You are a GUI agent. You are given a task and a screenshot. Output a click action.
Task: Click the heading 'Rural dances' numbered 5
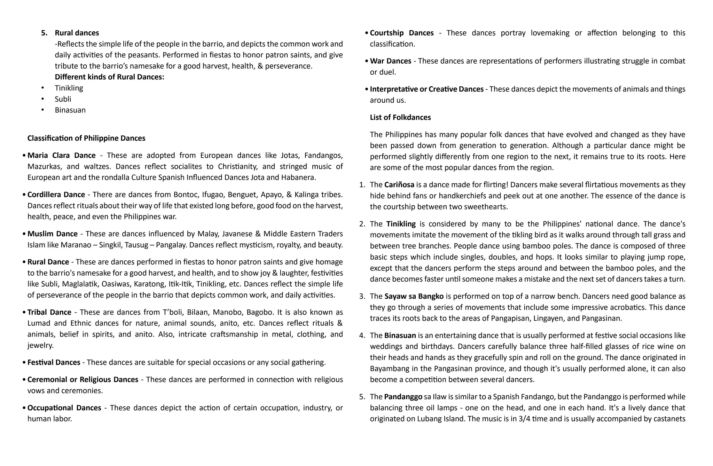(77, 33)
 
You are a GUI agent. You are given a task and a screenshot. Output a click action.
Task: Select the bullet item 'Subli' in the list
(63, 99)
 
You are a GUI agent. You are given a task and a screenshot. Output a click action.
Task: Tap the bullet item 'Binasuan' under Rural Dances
(70, 110)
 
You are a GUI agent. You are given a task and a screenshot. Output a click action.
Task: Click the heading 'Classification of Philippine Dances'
(86, 139)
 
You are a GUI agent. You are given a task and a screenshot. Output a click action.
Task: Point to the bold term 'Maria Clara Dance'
(61, 156)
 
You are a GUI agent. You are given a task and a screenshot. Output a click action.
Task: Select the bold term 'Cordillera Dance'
(56, 195)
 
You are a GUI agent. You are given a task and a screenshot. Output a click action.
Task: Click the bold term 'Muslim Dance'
(53, 234)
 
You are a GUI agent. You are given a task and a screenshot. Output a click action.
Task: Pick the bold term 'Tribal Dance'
(49, 313)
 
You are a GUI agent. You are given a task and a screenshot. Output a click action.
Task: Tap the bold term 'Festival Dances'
(54, 363)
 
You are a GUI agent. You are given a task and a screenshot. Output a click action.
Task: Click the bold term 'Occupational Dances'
(64, 408)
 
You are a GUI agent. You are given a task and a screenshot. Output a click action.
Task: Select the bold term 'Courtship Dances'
(401, 33)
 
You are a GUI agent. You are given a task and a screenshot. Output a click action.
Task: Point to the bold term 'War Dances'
(390, 61)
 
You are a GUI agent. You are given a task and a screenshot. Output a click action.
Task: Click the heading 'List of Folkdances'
(400, 118)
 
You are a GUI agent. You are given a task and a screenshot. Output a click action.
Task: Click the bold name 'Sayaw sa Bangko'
(414, 297)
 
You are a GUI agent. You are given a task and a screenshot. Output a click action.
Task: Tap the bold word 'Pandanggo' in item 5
(403, 397)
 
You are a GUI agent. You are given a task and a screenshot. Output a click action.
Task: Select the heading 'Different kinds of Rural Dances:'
(109, 77)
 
